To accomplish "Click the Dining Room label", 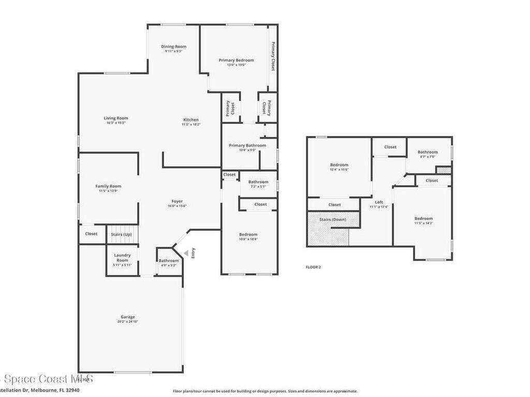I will (x=173, y=47).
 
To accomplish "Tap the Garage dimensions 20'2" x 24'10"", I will (x=128, y=322).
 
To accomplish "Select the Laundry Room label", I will (x=122, y=257).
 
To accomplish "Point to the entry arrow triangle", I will (x=186, y=252).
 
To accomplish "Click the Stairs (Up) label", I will (x=121, y=234).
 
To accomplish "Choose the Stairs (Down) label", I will (x=333, y=220).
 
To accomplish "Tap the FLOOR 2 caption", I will (x=314, y=267).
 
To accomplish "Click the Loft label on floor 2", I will (x=379, y=202).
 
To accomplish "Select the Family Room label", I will (x=108, y=186).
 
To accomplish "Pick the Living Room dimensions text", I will (x=115, y=123).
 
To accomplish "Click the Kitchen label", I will (x=190, y=120).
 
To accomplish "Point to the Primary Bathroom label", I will (x=247, y=146).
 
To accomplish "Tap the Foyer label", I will (x=177, y=202).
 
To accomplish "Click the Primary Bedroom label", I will (x=236, y=60).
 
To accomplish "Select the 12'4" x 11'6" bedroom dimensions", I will (x=339, y=170).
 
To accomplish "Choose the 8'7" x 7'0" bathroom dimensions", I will (x=428, y=157).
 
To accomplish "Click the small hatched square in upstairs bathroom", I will (x=443, y=170).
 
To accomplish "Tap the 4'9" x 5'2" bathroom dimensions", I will (x=169, y=265).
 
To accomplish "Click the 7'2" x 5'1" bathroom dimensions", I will (x=258, y=187).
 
